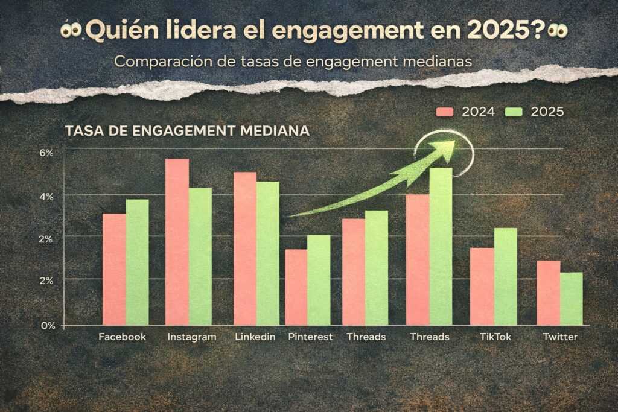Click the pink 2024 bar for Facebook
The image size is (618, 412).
click(x=114, y=269)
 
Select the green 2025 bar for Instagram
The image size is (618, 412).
click(x=200, y=256)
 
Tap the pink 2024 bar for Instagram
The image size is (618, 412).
click(x=177, y=242)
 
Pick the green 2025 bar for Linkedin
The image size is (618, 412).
click(x=268, y=253)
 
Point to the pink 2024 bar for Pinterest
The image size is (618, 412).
click(x=296, y=287)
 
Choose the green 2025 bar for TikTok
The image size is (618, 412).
click(x=505, y=276)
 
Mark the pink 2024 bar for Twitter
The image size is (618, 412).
click(x=548, y=293)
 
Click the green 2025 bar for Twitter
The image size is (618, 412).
click(x=571, y=299)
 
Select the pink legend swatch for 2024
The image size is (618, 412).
click(x=445, y=112)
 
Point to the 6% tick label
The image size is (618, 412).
click(x=46, y=153)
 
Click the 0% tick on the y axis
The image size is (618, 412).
click(x=48, y=325)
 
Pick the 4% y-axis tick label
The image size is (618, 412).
click(x=46, y=196)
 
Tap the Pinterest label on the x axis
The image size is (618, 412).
click(x=310, y=337)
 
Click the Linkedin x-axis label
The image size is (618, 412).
click(x=255, y=337)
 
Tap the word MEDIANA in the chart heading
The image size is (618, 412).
click(x=278, y=131)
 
